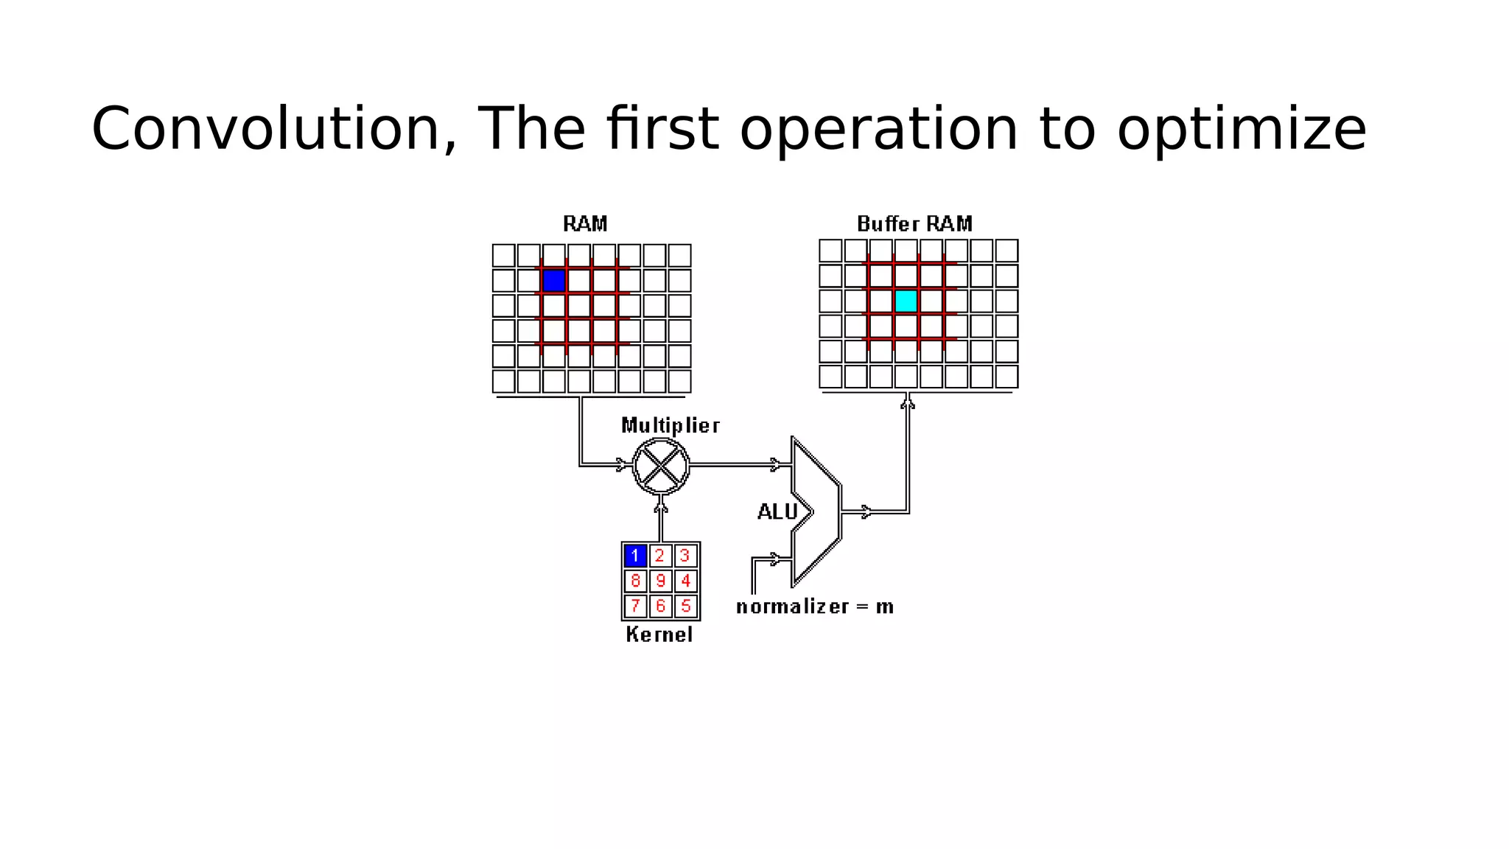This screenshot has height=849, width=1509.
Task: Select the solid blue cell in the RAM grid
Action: pyautogui.click(x=553, y=281)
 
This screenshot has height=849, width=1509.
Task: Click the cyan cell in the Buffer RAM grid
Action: pyautogui.click(x=906, y=301)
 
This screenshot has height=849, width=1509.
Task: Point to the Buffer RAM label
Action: pyautogui.click(x=914, y=223)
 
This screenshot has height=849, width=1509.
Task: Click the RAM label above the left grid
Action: pyautogui.click(x=585, y=223)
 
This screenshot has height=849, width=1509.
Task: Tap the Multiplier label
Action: pyautogui.click(x=670, y=425)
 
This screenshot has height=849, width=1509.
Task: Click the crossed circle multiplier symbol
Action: pyautogui.click(x=661, y=466)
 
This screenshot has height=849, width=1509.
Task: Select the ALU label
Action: pyautogui.click(x=777, y=511)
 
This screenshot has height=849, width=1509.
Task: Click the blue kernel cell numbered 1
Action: pyautogui.click(x=635, y=555)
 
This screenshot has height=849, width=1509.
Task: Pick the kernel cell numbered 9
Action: pyautogui.click(x=660, y=581)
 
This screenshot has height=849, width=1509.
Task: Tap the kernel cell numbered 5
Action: pyautogui.click(x=686, y=606)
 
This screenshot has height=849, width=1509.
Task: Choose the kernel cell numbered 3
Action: pyautogui.click(x=686, y=555)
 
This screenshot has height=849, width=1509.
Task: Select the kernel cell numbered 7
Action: pyautogui.click(x=635, y=606)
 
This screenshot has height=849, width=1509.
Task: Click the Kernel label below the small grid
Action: pyautogui.click(x=659, y=635)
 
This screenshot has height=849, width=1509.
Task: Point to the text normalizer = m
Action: pyautogui.click(x=815, y=607)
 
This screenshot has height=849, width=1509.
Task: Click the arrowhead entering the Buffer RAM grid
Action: pyautogui.click(x=908, y=402)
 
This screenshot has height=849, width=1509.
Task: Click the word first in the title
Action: pyautogui.click(x=662, y=129)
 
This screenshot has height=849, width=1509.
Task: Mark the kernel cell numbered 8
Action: pyautogui.click(x=635, y=581)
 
